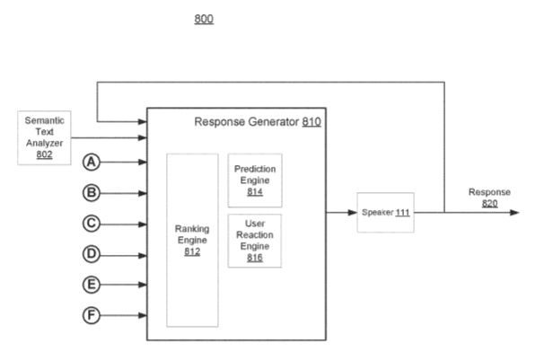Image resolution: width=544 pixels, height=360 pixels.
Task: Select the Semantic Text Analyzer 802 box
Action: [x=43, y=136]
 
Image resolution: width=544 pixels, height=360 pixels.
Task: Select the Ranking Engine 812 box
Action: [x=192, y=240]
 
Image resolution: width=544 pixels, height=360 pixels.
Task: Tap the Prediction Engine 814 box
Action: [x=255, y=180]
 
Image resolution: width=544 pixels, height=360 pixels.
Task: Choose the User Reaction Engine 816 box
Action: [x=255, y=238]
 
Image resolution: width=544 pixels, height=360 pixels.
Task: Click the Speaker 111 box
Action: [x=386, y=213]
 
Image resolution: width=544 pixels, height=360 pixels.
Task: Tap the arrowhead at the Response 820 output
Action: [x=513, y=213]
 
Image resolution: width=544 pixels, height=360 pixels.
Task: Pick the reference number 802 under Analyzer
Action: [x=43, y=155]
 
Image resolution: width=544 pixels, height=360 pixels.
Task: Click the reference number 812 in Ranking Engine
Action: [x=192, y=252]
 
